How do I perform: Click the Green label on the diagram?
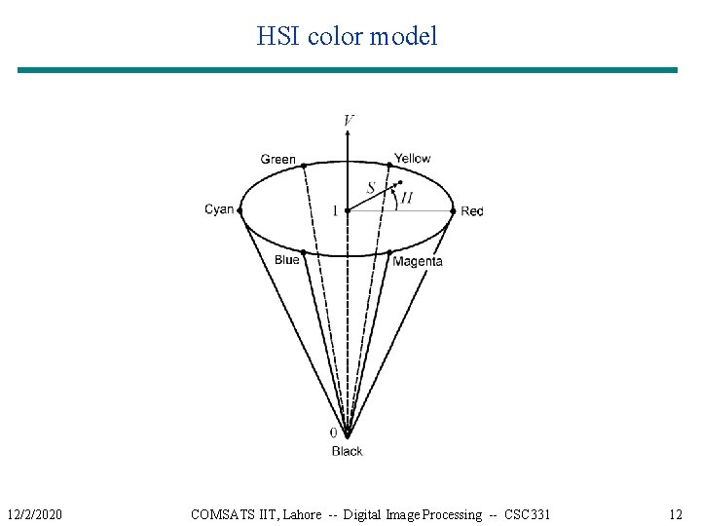point(277,160)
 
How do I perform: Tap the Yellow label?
point(412,159)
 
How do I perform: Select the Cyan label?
point(219,209)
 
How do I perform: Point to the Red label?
point(472,211)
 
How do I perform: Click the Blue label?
point(286,260)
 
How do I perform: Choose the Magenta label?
point(418,261)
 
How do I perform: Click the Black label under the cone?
point(347,451)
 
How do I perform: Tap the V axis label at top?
point(349,120)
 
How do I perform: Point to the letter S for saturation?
point(371,188)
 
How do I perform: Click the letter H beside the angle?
point(406,198)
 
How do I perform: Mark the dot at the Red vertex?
point(453,210)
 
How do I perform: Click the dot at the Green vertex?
point(304,165)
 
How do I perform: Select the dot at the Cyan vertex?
point(240,208)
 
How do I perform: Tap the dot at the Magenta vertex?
point(390,253)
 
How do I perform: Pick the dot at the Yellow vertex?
point(390,164)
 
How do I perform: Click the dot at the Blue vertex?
point(304,252)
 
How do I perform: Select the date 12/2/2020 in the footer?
point(34,514)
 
